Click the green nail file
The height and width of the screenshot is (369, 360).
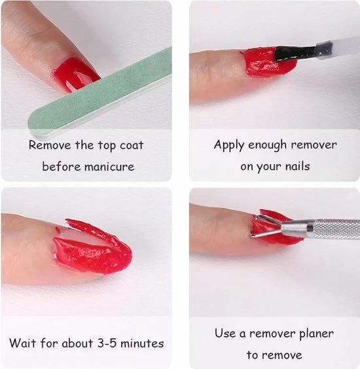99,94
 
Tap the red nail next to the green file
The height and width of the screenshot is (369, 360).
76,74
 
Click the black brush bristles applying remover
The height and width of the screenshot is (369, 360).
296,53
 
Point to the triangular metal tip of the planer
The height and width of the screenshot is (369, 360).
265,226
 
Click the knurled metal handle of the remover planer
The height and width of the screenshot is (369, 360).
336,229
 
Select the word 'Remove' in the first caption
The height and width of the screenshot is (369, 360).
50,145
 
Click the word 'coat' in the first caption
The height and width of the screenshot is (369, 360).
132,145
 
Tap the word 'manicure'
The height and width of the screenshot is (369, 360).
109,167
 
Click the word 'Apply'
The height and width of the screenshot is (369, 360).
228,145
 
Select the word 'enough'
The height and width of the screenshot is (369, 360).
268,145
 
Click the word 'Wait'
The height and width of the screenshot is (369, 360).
22,343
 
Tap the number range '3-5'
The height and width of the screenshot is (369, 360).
107,343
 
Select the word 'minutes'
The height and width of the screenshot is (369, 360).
142,343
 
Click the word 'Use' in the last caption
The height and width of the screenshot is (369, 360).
225,333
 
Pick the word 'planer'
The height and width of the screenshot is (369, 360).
316,334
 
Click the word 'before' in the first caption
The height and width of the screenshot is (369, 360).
62,167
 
